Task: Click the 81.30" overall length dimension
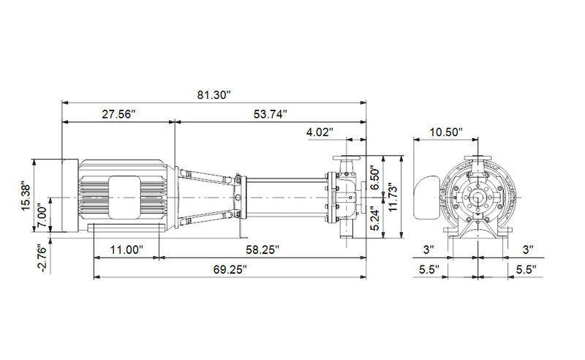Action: pos(214,94)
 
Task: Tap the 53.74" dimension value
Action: pos(270,114)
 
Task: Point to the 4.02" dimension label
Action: pos(320,132)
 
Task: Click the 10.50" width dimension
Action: pos(446,132)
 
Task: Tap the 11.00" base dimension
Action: pos(126,250)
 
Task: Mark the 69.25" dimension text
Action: pos(230,269)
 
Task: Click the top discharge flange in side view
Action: pos(346,160)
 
